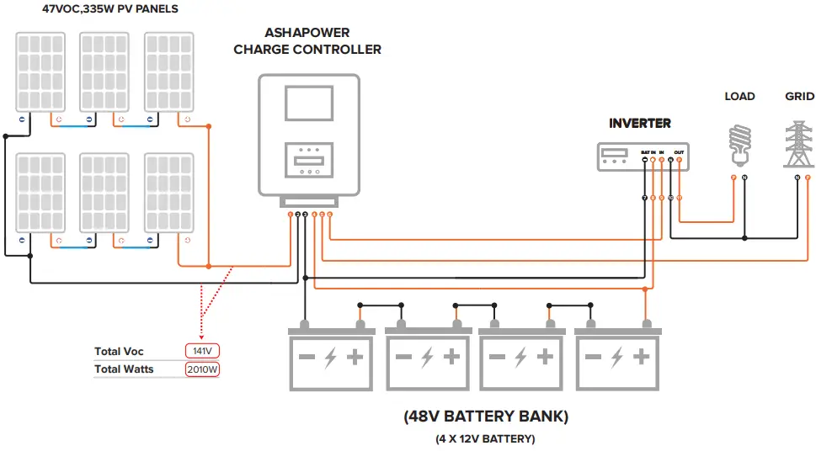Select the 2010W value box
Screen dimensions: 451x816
point(202,369)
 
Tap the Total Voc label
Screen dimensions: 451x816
point(119,352)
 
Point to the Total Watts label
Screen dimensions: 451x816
point(124,369)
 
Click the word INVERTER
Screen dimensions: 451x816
point(640,124)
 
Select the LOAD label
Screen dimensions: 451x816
point(739,97)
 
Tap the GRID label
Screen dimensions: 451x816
point(799,97)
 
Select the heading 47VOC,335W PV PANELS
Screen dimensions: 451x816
point(99,9)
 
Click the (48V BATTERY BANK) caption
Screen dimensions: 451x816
point(485,417)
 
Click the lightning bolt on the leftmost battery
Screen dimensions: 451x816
point(331,358)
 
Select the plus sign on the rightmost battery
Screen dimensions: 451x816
point(641,358)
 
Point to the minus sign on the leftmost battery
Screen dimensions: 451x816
point(307,358)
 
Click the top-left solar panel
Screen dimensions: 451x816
point(39,72)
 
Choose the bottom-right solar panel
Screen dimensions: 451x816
point(168,192)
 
